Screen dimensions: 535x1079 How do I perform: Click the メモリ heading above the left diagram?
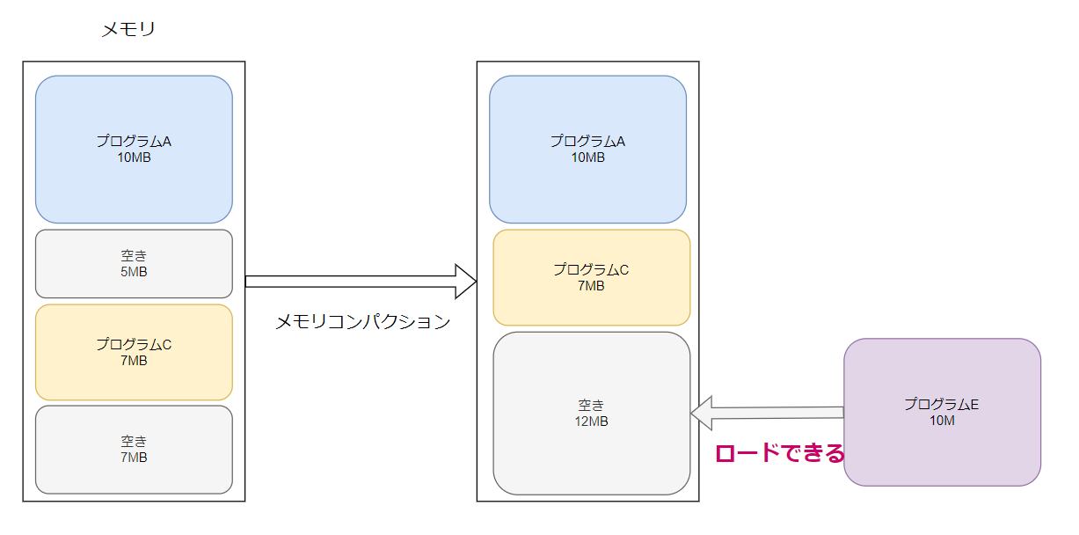[x=128, y=30]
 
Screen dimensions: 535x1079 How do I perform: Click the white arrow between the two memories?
[x=352, y=282]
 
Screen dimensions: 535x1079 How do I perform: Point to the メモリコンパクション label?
[x=362, y=322]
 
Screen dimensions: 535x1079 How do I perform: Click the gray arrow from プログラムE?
[x=774, y=412]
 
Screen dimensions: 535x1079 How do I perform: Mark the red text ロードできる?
[x=779, y=453]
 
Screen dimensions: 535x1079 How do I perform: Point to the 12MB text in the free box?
[x=591, y=421]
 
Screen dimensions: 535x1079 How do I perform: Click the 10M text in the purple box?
[x=942, y=421]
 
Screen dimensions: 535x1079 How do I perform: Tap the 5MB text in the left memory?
[x=134, y=272]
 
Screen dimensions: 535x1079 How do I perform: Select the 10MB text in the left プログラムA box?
[x=134, y=158]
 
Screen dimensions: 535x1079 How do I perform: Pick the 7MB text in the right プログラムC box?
[x=591, y=286]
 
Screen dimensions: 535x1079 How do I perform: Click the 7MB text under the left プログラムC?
[x=134, y=361]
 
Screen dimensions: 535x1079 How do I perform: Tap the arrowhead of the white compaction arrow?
[x=466, y=282]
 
